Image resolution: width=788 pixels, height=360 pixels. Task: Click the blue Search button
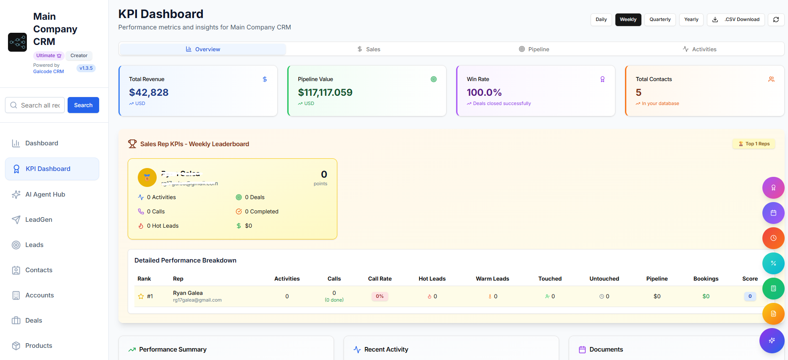[83, 105]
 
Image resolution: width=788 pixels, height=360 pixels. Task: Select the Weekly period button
[628, 19]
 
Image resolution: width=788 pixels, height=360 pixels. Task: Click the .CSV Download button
[735, 19]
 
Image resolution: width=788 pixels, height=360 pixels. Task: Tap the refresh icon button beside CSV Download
[776, 19]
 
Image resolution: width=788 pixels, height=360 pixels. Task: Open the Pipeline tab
[534, 49]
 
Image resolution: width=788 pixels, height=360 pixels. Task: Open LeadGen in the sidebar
[39, 220]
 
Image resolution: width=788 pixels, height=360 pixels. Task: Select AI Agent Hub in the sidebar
[45, 194]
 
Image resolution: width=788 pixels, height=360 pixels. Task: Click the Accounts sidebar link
[39, 295]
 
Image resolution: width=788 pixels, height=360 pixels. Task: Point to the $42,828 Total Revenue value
[149, 92]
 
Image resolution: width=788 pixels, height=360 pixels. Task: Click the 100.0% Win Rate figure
[484, 92]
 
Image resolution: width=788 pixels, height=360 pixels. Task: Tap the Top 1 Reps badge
[754, 144]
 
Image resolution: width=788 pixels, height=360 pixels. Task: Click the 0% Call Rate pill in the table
[379, 296]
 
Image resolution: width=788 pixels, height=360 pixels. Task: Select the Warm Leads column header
[492, 279]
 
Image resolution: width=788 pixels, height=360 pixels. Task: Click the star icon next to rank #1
[141, 297]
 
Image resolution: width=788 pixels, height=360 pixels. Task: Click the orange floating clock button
[773, 238]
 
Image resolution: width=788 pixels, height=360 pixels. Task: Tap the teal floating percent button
[773, 263]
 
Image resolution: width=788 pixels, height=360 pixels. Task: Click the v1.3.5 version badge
[86, 68]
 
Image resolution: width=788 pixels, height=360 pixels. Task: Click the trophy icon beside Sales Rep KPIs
[132, 144]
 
